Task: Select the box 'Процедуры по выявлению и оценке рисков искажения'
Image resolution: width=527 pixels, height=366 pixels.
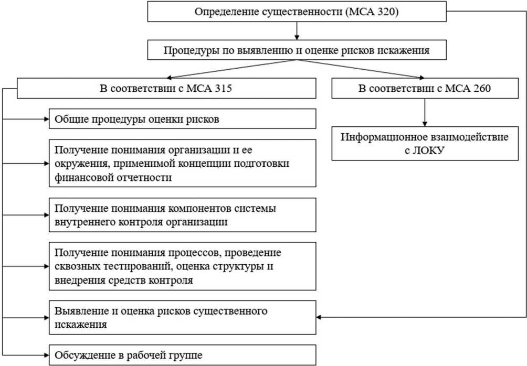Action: click(x=297, y=51)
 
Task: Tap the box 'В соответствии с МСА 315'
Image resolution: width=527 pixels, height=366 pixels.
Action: click(x=166, y=88)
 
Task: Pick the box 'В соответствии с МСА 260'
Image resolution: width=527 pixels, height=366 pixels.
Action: click(x=424, y=88)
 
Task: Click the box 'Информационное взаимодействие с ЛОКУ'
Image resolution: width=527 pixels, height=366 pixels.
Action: click(x=424, y=143)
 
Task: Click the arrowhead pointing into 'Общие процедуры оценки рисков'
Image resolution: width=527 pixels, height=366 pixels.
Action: click(x=47, y=119)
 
